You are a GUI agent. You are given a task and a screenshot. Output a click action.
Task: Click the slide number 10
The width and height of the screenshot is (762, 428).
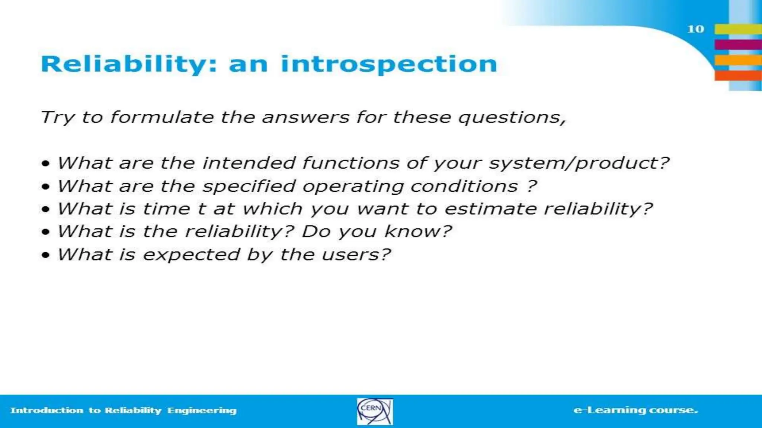click(x=695, y=29)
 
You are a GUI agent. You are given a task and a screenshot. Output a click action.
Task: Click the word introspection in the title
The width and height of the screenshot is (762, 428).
click(x=389, y=64)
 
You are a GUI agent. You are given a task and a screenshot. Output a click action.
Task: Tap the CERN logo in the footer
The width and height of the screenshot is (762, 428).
click(x=375, y=411)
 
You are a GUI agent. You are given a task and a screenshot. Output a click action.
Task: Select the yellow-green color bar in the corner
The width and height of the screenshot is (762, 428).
click(x=738, y=29)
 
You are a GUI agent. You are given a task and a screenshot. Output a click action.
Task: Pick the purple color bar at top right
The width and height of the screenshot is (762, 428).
click(x=738, y=45)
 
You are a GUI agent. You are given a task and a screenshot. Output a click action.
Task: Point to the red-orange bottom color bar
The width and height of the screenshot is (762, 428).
click(x=738, y=76)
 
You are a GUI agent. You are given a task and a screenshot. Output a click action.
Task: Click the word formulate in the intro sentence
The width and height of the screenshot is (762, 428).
click(x=162, y=117)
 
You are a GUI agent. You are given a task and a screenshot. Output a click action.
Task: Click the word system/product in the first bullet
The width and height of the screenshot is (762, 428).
click(x=579, y=163)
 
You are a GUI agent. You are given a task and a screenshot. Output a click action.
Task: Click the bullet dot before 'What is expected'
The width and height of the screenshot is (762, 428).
click(x=46, y=255)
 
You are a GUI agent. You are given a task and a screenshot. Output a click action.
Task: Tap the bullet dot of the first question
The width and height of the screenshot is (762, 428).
click(x=46, y=163)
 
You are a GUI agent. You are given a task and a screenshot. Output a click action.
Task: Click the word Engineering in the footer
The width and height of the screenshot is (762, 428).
click(x=202, y=411)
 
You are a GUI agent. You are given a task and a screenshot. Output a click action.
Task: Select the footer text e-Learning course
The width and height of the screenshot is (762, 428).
click(x=635, y=410)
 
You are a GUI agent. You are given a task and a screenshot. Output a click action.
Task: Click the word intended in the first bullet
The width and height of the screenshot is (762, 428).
click(x=249, y=163)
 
